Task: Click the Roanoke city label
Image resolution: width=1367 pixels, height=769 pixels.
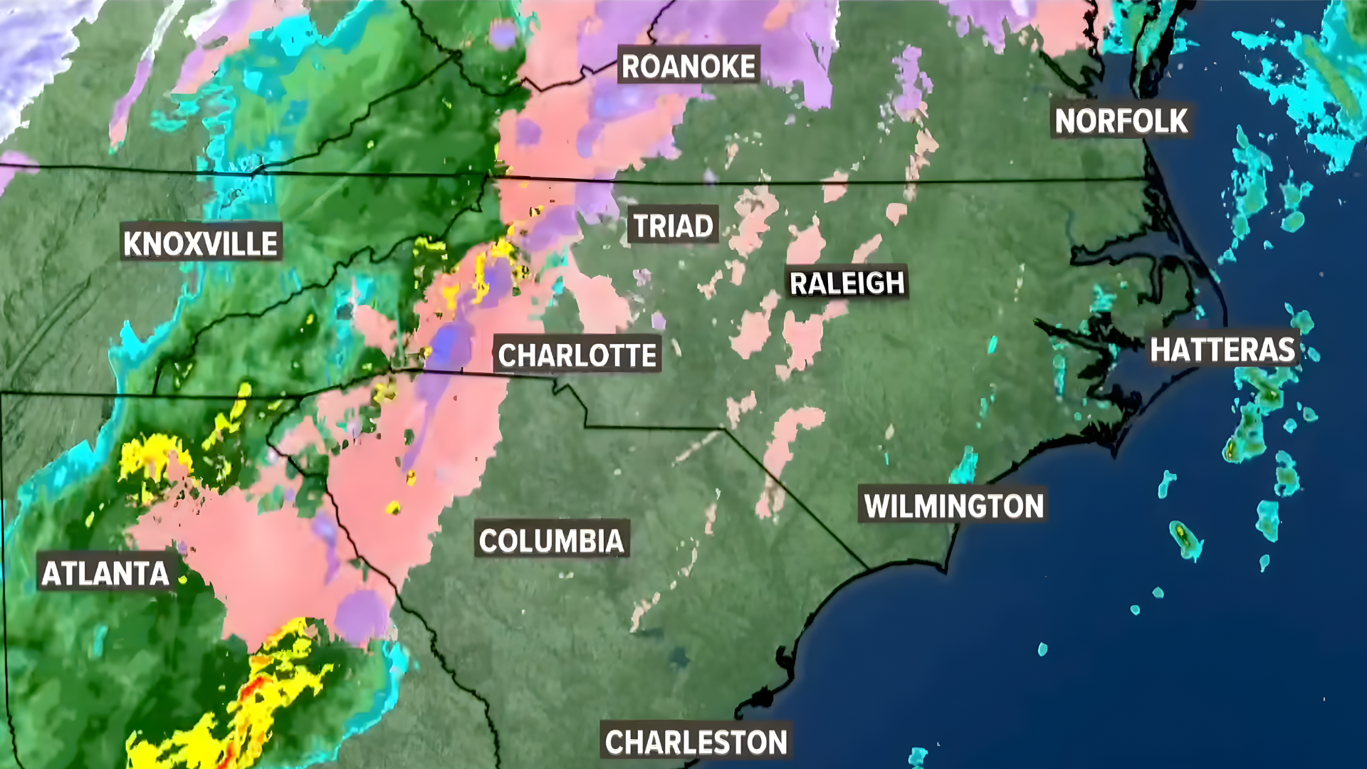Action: [688, 66]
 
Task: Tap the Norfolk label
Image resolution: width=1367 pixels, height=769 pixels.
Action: [1121, 121]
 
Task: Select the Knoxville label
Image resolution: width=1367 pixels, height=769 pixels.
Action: [201, 244]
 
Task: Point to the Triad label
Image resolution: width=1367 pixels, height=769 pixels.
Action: [673, 226]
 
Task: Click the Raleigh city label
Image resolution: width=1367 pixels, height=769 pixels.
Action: [847, 283]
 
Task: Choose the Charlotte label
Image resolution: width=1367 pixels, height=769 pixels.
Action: [577, 355]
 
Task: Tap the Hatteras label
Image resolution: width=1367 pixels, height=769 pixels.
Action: [1222, 350]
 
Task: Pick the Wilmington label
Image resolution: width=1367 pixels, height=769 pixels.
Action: [953, 506]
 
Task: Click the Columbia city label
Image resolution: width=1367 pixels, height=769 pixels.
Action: [552, 541]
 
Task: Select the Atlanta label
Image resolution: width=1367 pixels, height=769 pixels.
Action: [105, 574]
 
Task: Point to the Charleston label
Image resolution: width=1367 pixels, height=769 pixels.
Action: [696, 742]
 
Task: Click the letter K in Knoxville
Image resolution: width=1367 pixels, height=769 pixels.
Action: [132, 244]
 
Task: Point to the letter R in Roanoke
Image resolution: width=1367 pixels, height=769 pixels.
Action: [631, 66]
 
